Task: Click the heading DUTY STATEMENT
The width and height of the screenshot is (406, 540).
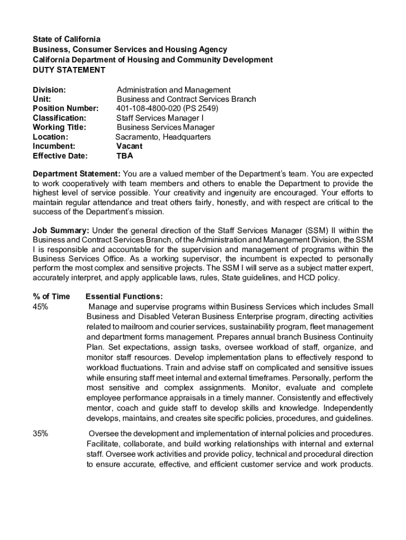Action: (69, 70)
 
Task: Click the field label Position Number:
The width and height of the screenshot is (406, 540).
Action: (65, 109)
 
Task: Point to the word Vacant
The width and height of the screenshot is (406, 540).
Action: (129, 146)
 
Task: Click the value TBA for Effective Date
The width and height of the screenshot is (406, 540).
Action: (124, 156)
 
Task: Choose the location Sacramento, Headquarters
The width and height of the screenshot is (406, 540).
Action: (163, 137)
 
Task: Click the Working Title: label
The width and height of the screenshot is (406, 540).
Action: (60, 128)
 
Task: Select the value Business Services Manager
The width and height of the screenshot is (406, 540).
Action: (166, 128)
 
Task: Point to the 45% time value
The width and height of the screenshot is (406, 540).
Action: (41, 306)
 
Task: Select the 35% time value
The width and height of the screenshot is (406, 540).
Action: (41, 433)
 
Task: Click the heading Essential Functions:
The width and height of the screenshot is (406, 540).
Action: (124, 296)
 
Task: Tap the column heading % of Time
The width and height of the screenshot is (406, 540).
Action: (51, 296)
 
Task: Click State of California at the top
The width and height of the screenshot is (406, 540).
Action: (66, 40)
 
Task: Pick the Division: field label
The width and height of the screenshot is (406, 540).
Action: (49, 90)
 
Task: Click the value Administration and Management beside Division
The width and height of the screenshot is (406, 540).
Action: (173, 90)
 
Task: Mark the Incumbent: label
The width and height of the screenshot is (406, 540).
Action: (54, 146)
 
